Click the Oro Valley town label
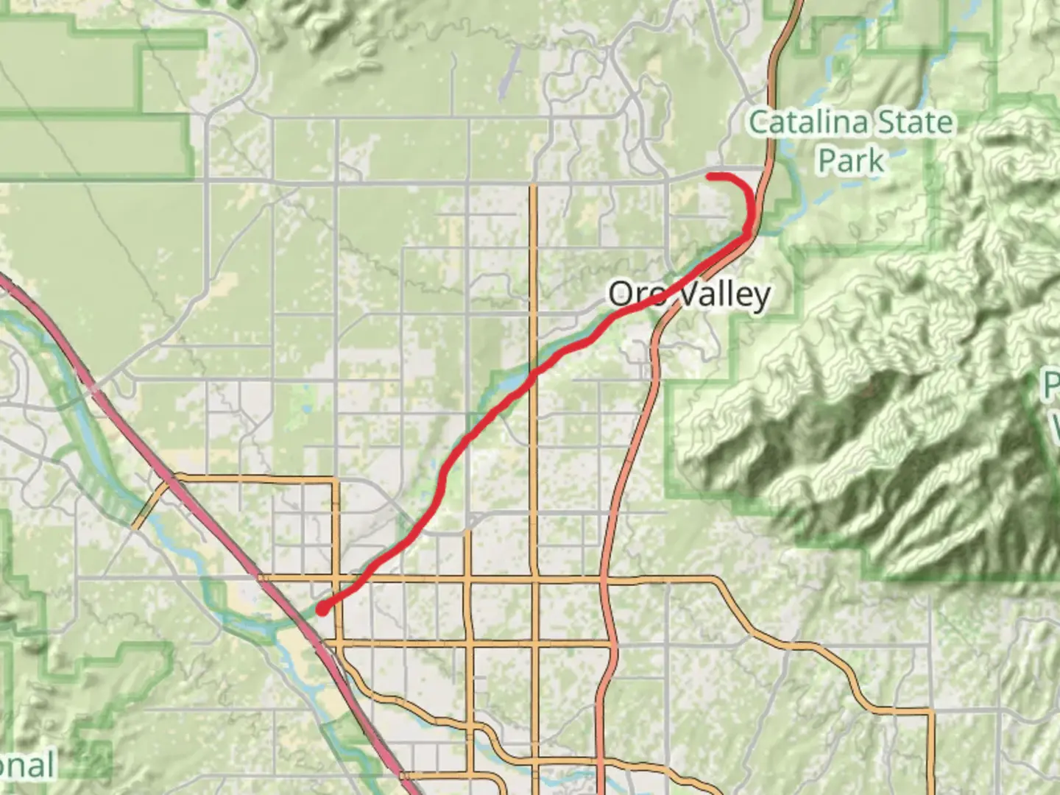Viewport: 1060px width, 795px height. [688, 294]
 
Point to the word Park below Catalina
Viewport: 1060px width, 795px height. [851, 160]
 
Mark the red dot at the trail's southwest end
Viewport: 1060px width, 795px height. [322, 609]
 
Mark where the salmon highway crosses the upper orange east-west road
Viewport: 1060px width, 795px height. [604, 579]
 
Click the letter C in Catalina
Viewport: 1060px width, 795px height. [760, 122]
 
